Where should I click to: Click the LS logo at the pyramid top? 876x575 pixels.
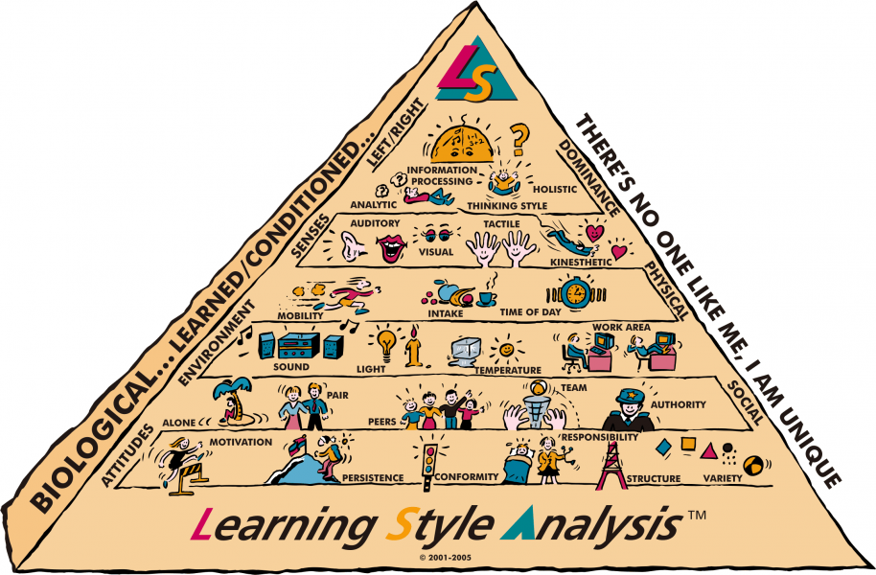pyautogui.click(x=475, y=70)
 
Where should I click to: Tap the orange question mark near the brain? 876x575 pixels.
pyautogui.click(x=519, y=139)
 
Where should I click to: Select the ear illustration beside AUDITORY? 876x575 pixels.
pyautogui.click(x=353, y=246)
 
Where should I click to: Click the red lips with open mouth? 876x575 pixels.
pyautogui.click(x=391, y=247)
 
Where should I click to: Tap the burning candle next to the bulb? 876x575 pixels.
pyautogui.click(x=413, y=346)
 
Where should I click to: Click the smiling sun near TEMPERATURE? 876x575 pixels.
pyautogui.click(x=506, y=350)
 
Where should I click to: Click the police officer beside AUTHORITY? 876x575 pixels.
pyautogui.click(x=628, y=409)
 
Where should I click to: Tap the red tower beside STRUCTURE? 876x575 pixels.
pyautogui.click(x=611, y=466)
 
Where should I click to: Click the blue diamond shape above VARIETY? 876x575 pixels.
pyautogui.click(x=663, y=447)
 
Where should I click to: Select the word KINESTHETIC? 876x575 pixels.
pyautogui.click(x=581, y=262)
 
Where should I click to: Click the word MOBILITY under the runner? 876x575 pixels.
pyautogui.click(x=301, y=315)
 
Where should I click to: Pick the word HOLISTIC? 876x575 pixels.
pyautogui.click(x=555, y=189)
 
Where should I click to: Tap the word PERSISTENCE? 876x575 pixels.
pyautogui.click(x=373, y=478)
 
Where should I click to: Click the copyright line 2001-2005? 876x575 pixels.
pyautogui.click(x=446, y=557)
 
